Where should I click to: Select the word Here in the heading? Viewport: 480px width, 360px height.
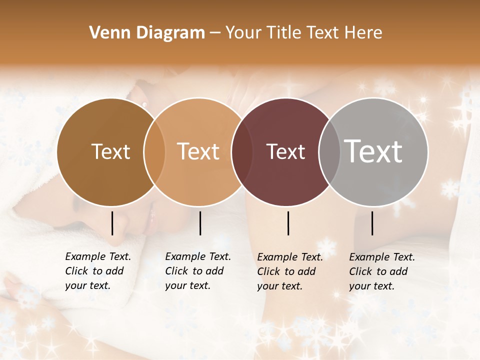click(363, 33)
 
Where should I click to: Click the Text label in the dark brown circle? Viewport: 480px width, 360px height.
click(110, 151)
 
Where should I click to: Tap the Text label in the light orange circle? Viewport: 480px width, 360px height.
click(198, 151)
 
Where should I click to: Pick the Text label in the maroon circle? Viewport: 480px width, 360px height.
click(285, 151)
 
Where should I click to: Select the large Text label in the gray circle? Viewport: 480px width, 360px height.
click(373, 151)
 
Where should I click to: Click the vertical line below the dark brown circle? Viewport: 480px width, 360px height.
click(112, 223)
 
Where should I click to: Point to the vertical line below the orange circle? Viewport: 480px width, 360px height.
click(200, 223)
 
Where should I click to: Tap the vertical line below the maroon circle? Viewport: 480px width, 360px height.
click(288, 223)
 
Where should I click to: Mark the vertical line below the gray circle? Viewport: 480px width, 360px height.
click(372, 223)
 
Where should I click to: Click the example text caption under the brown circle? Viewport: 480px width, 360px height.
click(97, 271)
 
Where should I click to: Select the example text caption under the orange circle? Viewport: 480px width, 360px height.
click(197, 271)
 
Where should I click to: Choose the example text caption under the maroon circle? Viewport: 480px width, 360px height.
click(289, 271)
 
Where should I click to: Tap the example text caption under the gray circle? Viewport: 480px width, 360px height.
click(381, 271)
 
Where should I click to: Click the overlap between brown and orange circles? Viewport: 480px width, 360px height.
click(154, 152)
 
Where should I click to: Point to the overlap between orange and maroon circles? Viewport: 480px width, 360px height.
click(242, 152)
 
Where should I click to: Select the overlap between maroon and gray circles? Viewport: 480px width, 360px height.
click(329, 152)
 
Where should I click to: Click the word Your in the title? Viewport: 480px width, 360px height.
click(243, 33)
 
